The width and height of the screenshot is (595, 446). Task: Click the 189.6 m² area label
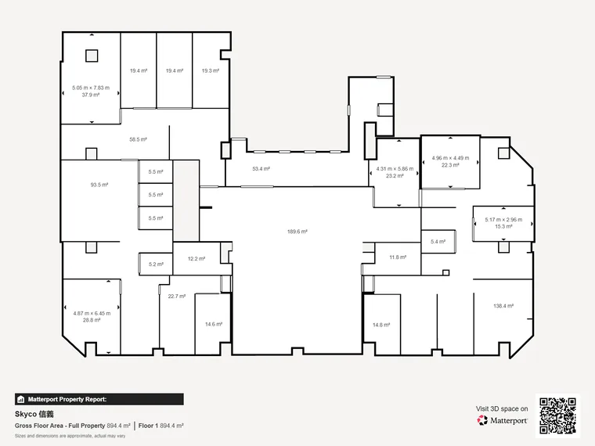[297, 232]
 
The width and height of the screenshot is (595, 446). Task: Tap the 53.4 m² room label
[261, 169]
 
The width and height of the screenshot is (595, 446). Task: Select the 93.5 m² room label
[99, 185]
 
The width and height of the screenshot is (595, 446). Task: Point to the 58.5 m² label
[138, 139]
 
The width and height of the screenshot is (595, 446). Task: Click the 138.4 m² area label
[503, 306]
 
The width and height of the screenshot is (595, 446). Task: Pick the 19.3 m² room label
[211, 70]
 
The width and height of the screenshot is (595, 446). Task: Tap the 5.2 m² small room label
[156, 264]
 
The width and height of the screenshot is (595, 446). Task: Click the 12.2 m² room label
[197, 259]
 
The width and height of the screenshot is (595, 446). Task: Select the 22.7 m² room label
[177, 296]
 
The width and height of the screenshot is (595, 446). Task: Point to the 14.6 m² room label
[214, 324]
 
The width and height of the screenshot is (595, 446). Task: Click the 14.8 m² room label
[381, 325]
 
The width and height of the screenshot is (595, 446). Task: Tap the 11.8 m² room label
[398, 257]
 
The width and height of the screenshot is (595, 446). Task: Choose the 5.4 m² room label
[438, 241]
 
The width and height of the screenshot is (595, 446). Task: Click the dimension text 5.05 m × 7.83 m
[91, 88]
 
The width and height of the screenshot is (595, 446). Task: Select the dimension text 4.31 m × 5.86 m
[395, 169]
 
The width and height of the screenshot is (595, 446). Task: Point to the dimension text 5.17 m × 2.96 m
[503, 220]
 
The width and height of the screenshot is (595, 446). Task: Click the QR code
[557, 415]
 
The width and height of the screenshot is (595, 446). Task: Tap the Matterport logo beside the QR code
[502, 420]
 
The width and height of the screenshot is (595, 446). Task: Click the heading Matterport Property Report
[67, 399]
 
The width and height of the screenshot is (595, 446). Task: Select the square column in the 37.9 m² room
[92, 56]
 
